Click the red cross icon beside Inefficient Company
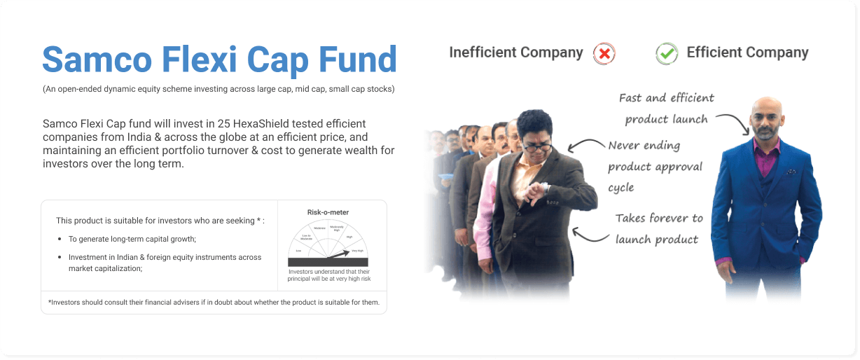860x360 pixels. click(x=604, y=53)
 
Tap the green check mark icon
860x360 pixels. click(x=667, y=53)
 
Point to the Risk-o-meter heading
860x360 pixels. click(x=328, y=212)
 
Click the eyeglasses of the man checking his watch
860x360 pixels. click(x=537, y=146)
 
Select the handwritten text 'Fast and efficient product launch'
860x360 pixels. click(x=666, y=109)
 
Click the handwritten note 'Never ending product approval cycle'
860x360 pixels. click(x=655, y=167)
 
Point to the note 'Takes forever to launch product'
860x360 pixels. click(x=658, y=229)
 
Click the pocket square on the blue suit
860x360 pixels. click(x=790, y=172)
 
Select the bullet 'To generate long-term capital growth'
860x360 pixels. click(x=132, y=240)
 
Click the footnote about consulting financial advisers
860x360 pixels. click(x=214, y=303)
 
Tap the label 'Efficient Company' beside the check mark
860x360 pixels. click(x=747, y=53)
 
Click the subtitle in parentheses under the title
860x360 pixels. click(x=218, y=90)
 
